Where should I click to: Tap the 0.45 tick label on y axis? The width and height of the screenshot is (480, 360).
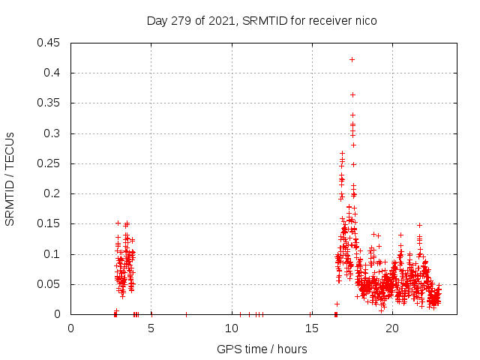click(x=50, y=43)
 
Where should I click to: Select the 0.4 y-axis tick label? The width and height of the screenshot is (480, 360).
click(x=53, y=73)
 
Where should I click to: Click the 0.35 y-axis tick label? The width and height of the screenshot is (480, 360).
click(x=50, y=103)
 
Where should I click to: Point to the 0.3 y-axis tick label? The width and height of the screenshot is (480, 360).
click(x=53, y=133)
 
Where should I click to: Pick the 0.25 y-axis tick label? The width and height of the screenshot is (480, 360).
click(x=50, y=163)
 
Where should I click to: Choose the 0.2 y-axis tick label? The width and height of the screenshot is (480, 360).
click(x=53, y=193)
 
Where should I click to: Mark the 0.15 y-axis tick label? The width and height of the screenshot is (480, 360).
click(x=50, y=224)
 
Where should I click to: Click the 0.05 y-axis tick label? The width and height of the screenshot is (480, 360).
click(x=50, y=284)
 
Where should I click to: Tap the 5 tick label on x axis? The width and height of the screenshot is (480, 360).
click(x=151, y=328)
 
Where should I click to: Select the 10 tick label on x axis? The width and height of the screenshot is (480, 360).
click(x=232, y=328)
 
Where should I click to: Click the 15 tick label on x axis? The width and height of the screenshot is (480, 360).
click(x=312, y=328)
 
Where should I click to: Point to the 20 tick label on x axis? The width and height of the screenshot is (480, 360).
click(x=392, y=328)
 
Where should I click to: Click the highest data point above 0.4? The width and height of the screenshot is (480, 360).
click(x=352, y=59)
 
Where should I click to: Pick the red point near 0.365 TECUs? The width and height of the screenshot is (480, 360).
click(x=352, y=94)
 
